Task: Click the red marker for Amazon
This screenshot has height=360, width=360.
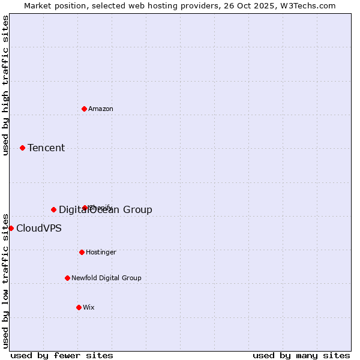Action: [84, 109]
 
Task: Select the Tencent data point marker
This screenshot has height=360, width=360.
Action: [22, 148]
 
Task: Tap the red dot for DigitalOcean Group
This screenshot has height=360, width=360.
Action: [53, 209]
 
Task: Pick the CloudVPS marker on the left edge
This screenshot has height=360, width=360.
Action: [11, 228]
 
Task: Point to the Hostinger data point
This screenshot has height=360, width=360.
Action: [82, 252]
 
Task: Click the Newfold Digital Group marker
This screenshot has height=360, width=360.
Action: [67, 278]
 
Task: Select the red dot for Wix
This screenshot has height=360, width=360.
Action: [79, 307]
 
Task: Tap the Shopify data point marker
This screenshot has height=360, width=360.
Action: [85, 208]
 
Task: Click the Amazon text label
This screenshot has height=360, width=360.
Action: [101, 109]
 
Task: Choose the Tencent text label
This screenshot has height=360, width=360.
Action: [46, 148]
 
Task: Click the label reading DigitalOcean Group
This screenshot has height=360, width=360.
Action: [106, 209]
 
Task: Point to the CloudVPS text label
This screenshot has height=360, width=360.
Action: [38, 228]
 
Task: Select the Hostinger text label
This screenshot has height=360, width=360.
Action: [101, 252]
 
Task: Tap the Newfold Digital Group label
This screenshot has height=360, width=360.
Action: [106, 278]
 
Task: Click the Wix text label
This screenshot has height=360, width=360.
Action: [89, 307]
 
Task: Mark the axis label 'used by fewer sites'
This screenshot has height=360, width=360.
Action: [62, 355]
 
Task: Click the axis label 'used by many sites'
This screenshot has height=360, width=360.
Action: [301, 355]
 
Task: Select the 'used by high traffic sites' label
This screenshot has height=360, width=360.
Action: [5, 85]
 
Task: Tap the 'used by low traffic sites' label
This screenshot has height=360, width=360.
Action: [5, 280]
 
